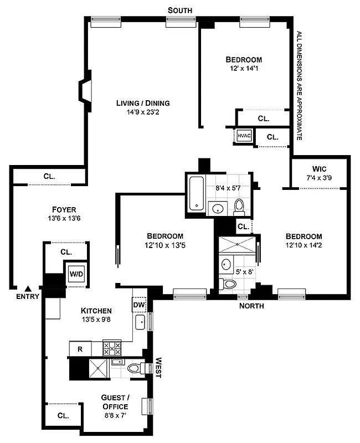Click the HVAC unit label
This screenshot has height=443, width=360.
click(x=245, y=135)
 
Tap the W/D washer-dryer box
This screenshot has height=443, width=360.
click(x=75, y=273)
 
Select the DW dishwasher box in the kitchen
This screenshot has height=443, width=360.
click(x=138, y=305)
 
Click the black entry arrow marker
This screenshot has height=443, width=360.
click(x=28, y=288)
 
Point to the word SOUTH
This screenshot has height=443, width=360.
click(x=181, y=10)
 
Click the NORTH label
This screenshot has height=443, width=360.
click(x=251, y=306)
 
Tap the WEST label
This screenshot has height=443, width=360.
click(x=158, y=367)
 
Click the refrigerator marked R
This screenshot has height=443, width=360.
click(x=80, y=349)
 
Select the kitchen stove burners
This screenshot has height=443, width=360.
click(x=112, y=348)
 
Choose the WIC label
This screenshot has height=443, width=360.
click(x=319, y=168)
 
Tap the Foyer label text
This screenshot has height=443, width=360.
click(x=64, y=209)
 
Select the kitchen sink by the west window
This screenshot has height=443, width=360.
click(x=140, y=322)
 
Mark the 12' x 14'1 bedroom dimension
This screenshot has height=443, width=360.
click(x=244, y=69)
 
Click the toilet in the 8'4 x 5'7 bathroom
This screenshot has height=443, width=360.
click(x=239, y=206)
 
